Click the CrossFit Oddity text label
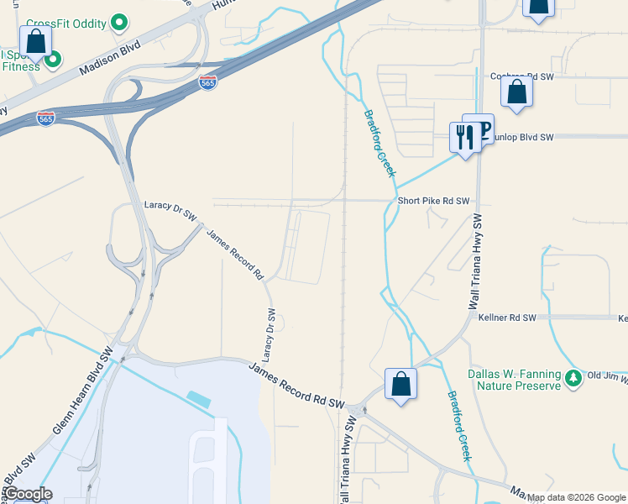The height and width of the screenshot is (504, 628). [66, 23]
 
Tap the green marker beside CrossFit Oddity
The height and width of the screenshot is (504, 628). [119, 22]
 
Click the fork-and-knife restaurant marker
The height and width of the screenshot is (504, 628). [464, 137]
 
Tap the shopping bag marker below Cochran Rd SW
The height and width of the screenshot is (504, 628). [517, 92]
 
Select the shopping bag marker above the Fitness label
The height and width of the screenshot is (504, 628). [35, 41]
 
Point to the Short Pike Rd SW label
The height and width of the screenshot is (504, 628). [433, 202]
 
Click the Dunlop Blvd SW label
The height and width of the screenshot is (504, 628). [524, 137]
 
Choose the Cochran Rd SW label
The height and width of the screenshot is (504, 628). [525, 76]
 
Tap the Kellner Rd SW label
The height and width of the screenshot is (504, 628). [506, 318]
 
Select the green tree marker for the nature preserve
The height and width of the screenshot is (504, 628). [573, 378]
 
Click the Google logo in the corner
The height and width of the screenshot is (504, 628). [28, 494]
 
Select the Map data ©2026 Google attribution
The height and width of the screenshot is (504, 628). [576, 497]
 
